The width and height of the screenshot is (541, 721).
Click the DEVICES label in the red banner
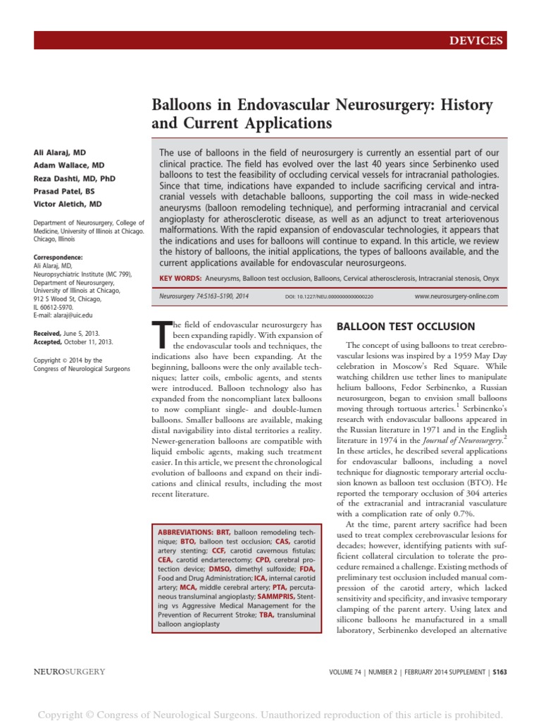coord(478,41)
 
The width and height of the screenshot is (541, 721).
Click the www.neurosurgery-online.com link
coord(456,296)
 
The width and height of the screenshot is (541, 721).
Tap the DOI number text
coord(329,297)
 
